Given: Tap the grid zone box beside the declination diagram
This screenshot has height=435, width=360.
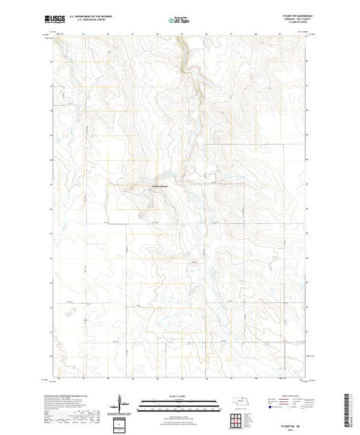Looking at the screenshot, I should [121, 422].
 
